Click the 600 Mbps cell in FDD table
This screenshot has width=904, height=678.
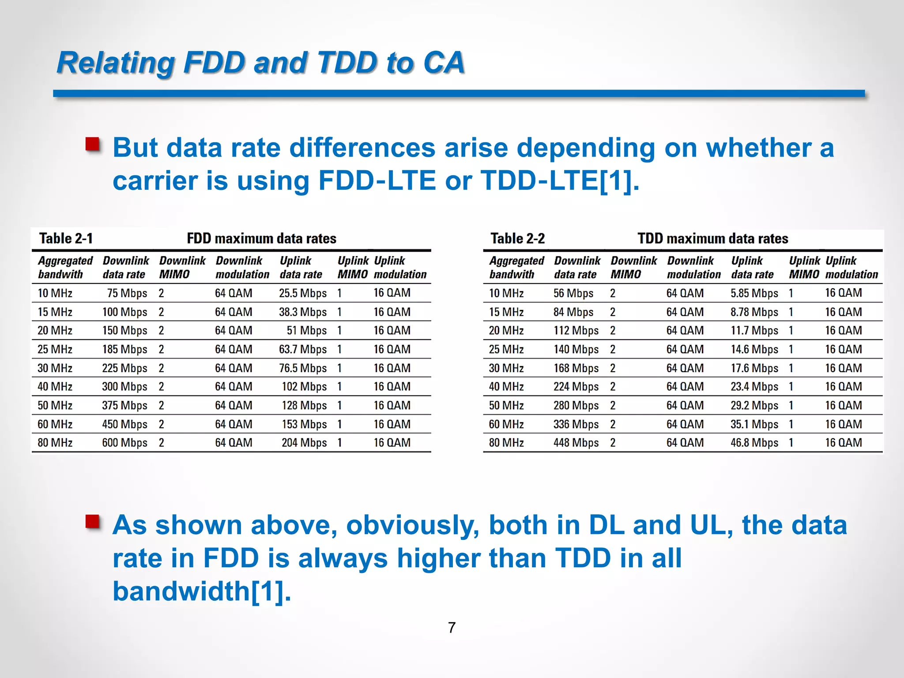[124, 443]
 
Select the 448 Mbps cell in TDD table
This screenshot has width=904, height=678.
[576, 443]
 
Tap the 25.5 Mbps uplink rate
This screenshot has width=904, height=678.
[303, 293]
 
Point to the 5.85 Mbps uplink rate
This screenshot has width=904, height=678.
[754, 293]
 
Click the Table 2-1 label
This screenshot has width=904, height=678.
[66, 238]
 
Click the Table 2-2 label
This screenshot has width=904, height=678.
[518, 238]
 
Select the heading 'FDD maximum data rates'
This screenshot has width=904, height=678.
[261, 238]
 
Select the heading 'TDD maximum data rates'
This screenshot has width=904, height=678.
[713, 238]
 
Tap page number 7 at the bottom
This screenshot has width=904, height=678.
[452, 627]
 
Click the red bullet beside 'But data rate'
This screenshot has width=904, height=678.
[93, 144]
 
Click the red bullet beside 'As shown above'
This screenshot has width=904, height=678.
[93, 522]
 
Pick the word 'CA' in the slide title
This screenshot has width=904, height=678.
[444, 62]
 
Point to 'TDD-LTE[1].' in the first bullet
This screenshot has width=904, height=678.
[560, 181]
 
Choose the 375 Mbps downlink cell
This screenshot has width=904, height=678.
[124, 405]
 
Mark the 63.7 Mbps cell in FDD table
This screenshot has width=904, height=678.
[303, 349]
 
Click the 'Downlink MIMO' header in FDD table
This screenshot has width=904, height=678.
[182, 267]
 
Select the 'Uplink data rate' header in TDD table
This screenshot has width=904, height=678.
[752, 267]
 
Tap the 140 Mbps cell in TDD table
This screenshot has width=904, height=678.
[576, 349]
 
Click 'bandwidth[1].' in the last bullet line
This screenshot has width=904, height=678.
[202, 591]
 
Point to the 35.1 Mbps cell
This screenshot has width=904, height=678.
[754, 424]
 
